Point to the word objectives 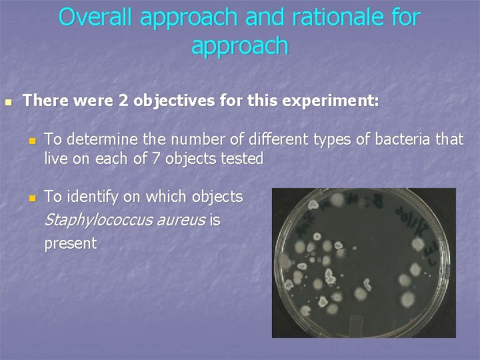pos(176,101)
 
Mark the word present pos(70,243)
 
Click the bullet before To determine pos(30,141)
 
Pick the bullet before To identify pos(30,198)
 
